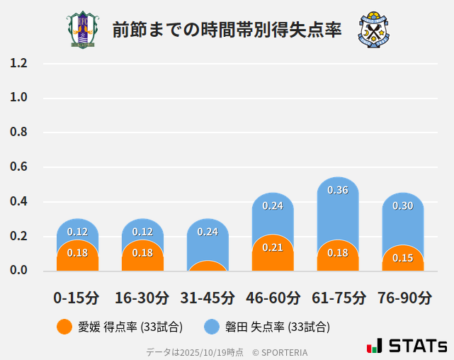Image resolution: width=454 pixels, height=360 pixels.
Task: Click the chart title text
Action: click(227, 30)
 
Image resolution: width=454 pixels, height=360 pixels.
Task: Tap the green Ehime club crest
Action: click(84, 30)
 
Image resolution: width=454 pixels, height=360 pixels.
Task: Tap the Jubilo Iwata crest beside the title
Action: click(374, 30)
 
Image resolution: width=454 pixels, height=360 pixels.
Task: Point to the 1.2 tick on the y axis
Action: click(18, 64)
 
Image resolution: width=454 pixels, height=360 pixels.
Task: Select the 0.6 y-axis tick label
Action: click(18, 167)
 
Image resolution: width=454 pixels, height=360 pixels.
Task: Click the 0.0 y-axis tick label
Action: click(18, 271)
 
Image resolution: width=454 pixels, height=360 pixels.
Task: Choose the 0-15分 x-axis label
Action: click(77, 298)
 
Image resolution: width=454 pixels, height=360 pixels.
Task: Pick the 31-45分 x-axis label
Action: click(208, 298)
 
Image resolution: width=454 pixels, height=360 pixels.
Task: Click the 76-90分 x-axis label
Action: click(403, 298)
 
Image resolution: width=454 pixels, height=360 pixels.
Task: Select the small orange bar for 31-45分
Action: click(208, 266)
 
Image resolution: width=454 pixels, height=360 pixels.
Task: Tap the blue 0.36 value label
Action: click(338, 190)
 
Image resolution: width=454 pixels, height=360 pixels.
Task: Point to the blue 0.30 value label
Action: click(403, 206)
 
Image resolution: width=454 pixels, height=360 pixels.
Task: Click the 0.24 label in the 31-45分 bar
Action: click(208, 232)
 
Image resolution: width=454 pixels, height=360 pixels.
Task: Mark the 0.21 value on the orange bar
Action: click(273, 247)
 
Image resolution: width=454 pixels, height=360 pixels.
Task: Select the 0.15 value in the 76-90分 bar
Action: click(403, 258)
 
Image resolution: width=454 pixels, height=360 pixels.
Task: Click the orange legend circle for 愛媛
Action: click(64, 327)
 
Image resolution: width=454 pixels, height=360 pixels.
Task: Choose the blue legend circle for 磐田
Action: click(212, 327)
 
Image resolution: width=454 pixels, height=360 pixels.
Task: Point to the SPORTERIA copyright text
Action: click(280, 351)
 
